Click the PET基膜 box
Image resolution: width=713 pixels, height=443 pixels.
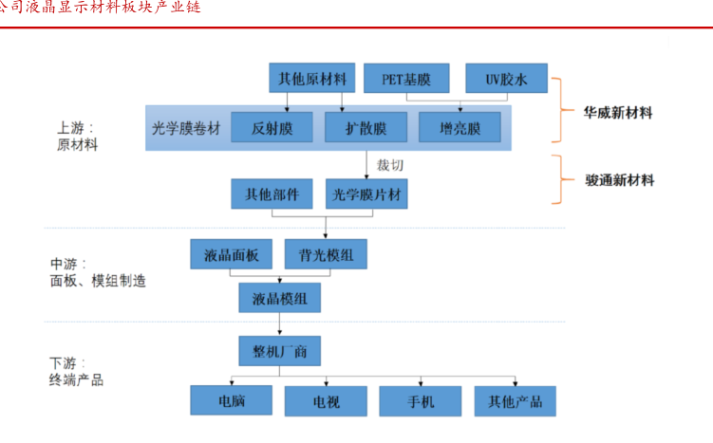coord(407,78)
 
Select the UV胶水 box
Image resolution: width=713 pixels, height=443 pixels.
coord(507,78)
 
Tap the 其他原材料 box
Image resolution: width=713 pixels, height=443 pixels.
coord(312,77)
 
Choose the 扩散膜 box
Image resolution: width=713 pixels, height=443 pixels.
coord(366,128)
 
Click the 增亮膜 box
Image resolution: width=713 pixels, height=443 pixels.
coord(462,128)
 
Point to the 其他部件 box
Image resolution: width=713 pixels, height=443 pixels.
coord(272,194)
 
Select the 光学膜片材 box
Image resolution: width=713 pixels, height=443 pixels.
coord(366,194)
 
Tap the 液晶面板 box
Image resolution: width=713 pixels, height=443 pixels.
coord(232,254)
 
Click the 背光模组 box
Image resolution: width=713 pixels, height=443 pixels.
coord(326,254)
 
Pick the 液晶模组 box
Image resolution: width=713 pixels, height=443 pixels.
coord(280,299)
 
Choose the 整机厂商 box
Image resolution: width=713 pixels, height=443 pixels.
coord(280,353)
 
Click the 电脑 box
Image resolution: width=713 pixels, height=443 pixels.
coord(232,401)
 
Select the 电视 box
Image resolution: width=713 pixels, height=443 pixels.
coord(326,401)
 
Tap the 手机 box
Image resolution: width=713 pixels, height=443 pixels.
coord(420,401)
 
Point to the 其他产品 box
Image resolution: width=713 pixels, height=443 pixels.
coord(515,401)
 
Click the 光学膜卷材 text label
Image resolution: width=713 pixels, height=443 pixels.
coord(186,128)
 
